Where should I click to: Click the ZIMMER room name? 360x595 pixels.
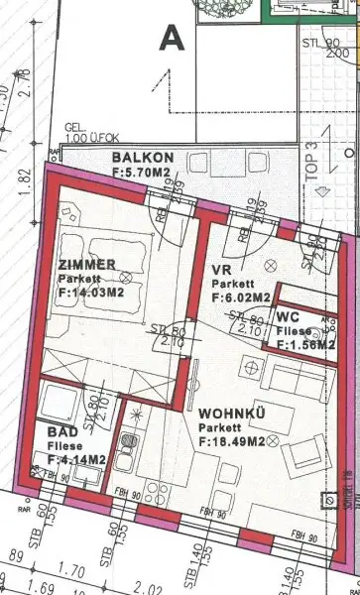(87, 265)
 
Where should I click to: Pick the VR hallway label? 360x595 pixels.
(223, 269)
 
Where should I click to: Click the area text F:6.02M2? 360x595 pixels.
(241, 297)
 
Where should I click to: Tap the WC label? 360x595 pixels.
(302, 317)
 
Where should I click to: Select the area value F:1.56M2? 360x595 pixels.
(305, 344)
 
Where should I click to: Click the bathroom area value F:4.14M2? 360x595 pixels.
(74, 460)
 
